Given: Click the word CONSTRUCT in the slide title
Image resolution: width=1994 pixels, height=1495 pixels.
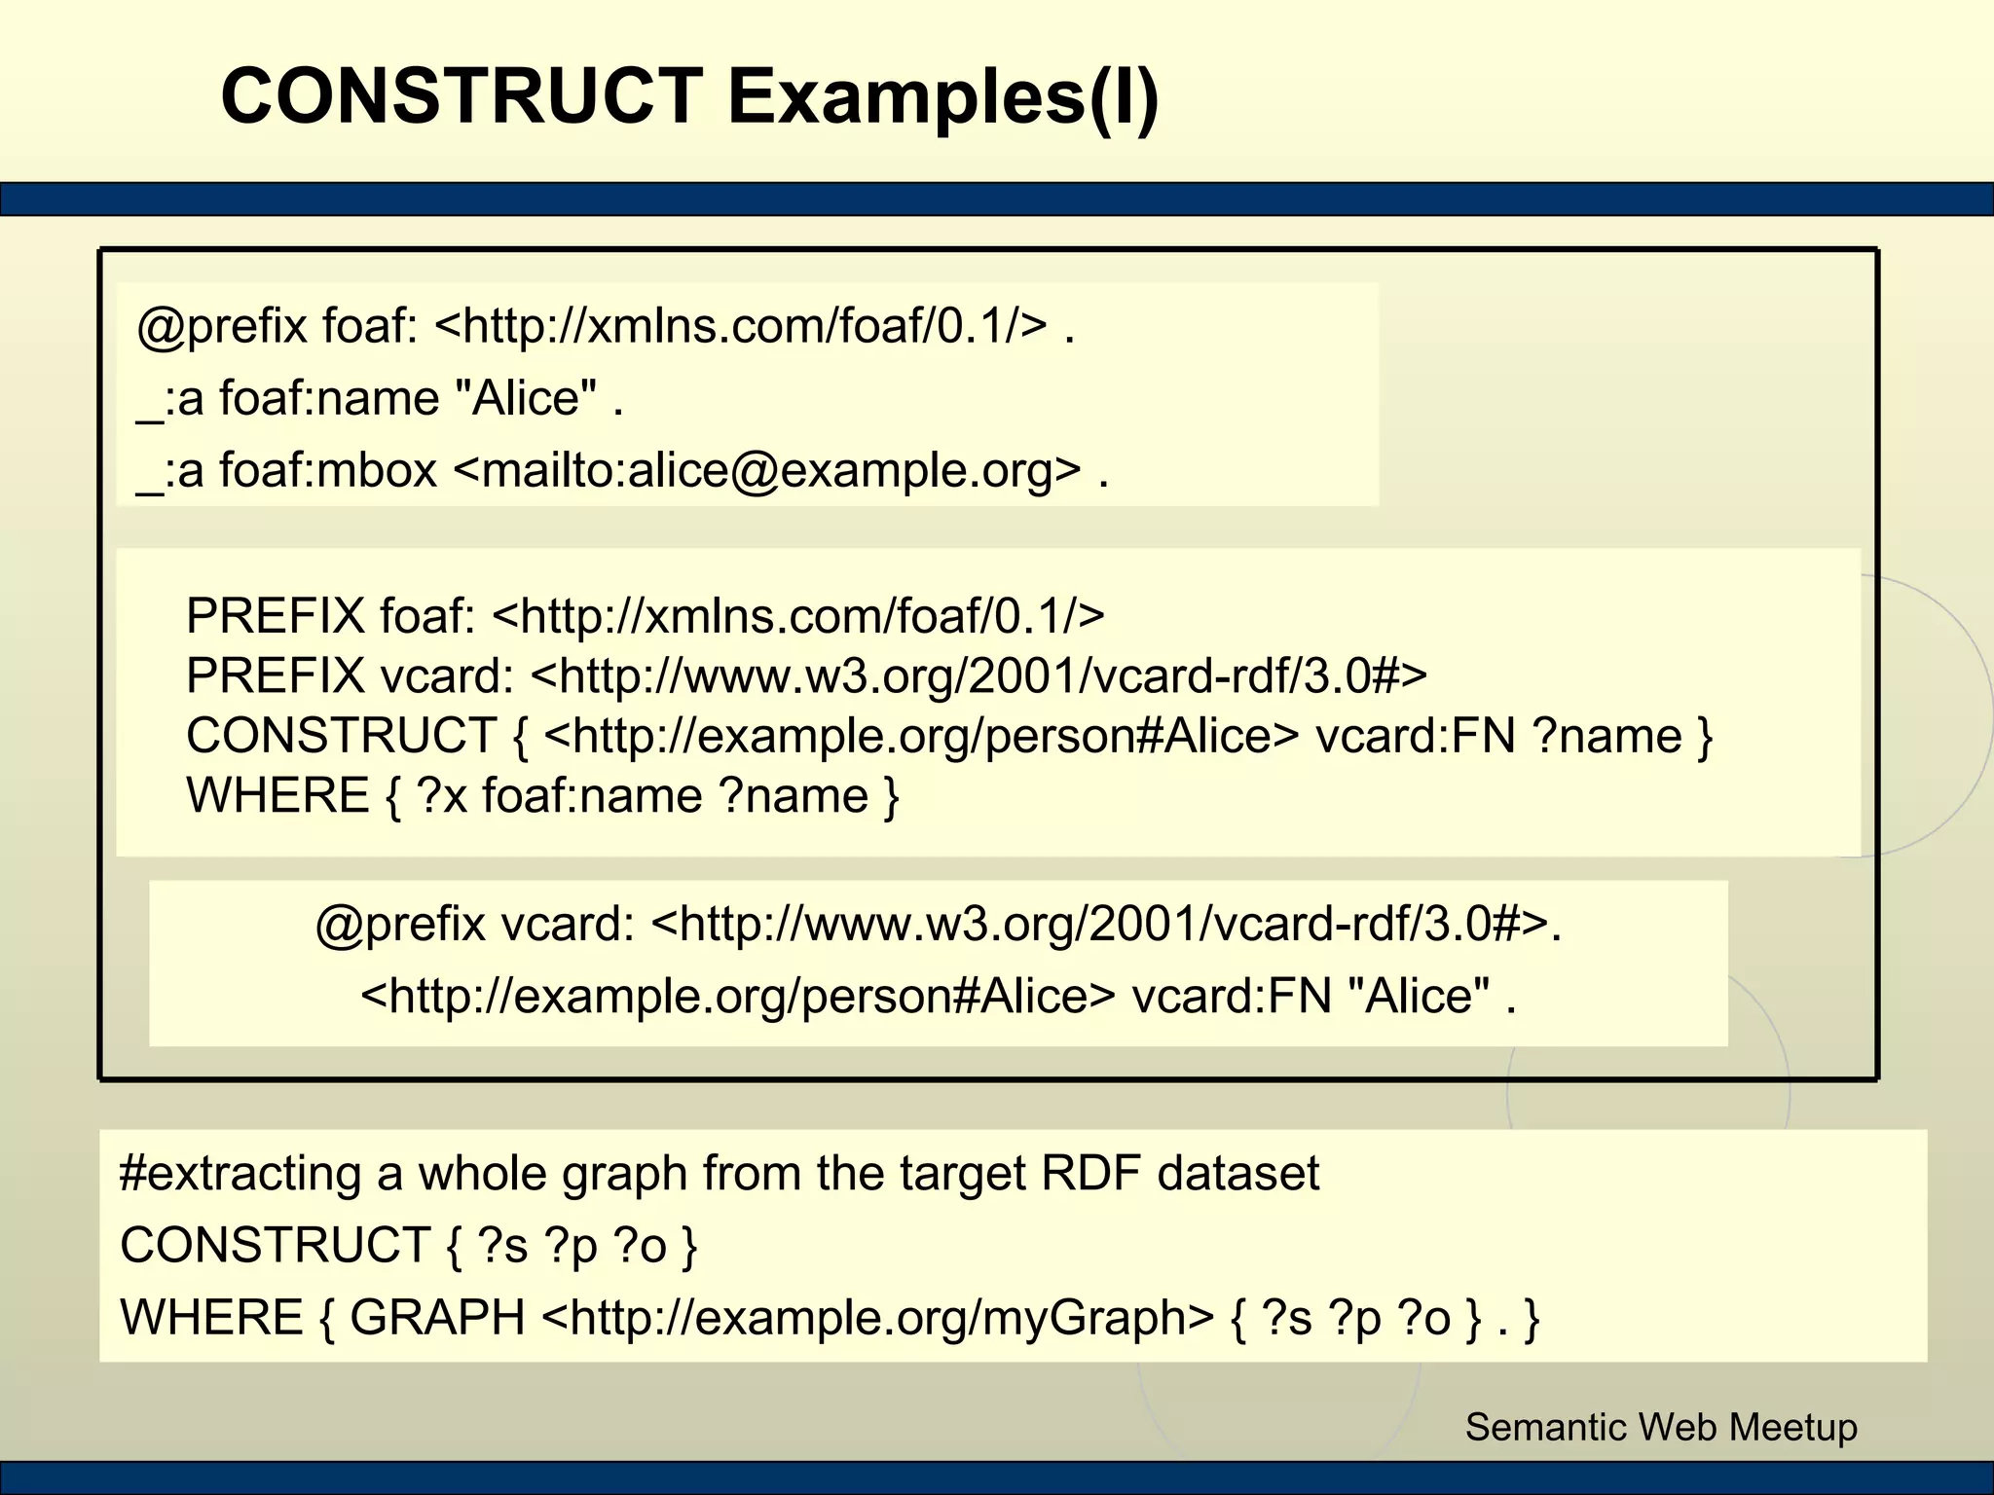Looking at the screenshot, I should (462, 96).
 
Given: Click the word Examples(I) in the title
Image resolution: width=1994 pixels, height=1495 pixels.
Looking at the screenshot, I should (942, 96).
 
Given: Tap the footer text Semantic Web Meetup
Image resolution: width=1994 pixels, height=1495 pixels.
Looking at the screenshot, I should (1661, 1427).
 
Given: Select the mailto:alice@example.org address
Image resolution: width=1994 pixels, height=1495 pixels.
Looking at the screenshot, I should (767, 470).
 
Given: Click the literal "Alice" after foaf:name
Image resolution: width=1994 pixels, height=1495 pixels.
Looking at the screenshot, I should (526, 398).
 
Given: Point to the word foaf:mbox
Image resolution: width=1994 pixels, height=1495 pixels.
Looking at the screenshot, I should (328, 470).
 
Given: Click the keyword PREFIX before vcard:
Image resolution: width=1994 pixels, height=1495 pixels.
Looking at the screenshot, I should (275, 675).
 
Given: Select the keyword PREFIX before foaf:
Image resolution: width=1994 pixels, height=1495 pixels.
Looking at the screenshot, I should (275, 615).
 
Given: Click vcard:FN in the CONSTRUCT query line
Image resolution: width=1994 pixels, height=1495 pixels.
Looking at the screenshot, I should (1416, 736).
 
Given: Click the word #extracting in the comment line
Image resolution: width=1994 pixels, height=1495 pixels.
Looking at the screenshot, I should (240, 1173).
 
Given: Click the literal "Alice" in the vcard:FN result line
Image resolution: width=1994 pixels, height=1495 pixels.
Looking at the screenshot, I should (1419, 996).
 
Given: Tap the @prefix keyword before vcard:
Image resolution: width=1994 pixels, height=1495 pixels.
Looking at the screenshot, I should (400, 923).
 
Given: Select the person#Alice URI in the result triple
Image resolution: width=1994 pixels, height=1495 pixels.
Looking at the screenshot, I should (737, 996).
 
